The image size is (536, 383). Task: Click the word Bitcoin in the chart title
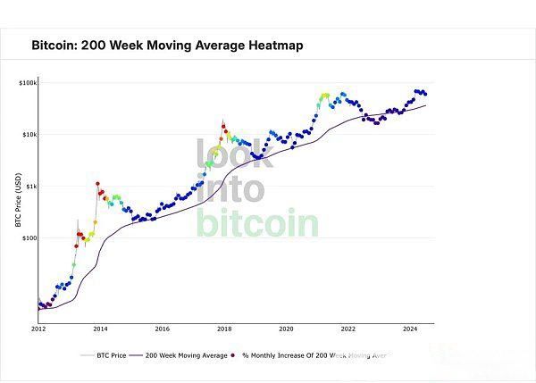coord(56,44)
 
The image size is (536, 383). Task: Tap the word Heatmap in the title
coord(272,44)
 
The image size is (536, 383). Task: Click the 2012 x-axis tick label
coord(38,329)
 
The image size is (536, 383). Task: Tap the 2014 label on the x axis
coord(100,329)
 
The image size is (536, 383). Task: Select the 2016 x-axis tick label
coord(162,329)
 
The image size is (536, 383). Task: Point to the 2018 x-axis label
coord(224,329)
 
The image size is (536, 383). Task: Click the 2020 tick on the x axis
coord(286,329)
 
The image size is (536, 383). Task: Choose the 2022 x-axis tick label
coord(348,329)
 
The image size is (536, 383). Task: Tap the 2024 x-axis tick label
coord(410,329)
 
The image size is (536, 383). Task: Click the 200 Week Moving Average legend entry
coord(182,355)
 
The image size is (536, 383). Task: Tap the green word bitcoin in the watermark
coord(257,221)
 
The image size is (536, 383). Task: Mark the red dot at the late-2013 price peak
coord(97,183)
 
